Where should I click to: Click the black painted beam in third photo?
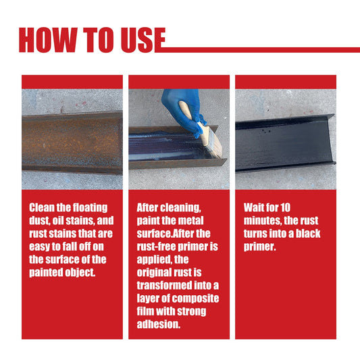coord(284,144)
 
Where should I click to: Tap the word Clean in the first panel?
coord(42,207)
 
